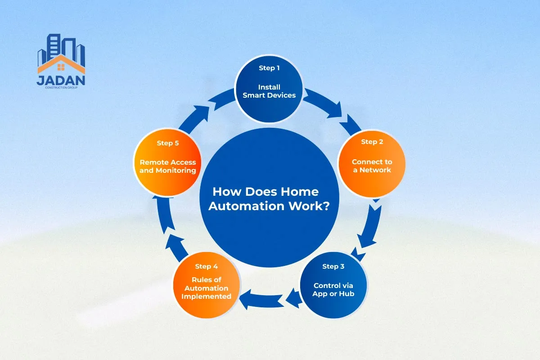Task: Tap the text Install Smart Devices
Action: [269, 91]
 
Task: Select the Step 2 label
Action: [372, 142]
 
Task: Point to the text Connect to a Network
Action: [372, 166]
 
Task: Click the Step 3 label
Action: [333, 266]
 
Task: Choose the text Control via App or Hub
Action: [333, 289]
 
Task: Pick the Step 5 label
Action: [168, 143]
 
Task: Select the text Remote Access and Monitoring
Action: [168, 166]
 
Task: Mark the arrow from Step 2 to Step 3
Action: [371, 229]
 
